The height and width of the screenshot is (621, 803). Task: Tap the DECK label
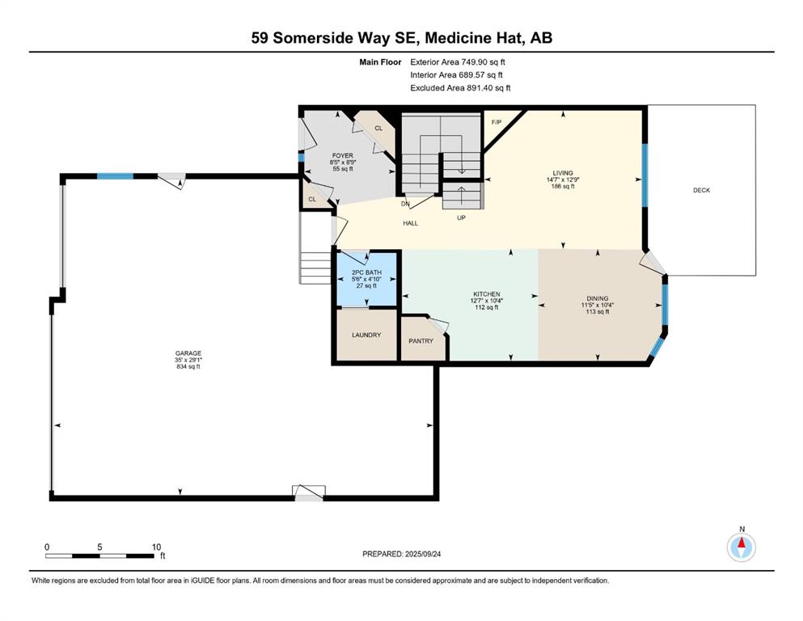[x=701, y=190]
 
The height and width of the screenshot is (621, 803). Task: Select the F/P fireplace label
[x=497, y=122]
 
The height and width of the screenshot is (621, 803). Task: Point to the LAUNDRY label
[x=366, y=335]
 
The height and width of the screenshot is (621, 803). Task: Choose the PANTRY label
[x=421, y=341]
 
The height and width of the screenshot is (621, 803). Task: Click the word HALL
[x=410, y=223]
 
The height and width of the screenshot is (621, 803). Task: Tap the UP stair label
[x=462, y=218]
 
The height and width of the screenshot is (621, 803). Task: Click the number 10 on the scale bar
[x=156, y=547]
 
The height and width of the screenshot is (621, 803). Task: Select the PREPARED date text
[x=401, y=554]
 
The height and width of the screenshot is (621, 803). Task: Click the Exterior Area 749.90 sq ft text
[x=458, y=62]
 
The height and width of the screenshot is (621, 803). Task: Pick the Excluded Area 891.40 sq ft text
[x=460, y=87]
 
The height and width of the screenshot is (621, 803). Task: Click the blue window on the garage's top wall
[x=115, y=176]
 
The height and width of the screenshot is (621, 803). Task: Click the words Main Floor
[x=381, y=62]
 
